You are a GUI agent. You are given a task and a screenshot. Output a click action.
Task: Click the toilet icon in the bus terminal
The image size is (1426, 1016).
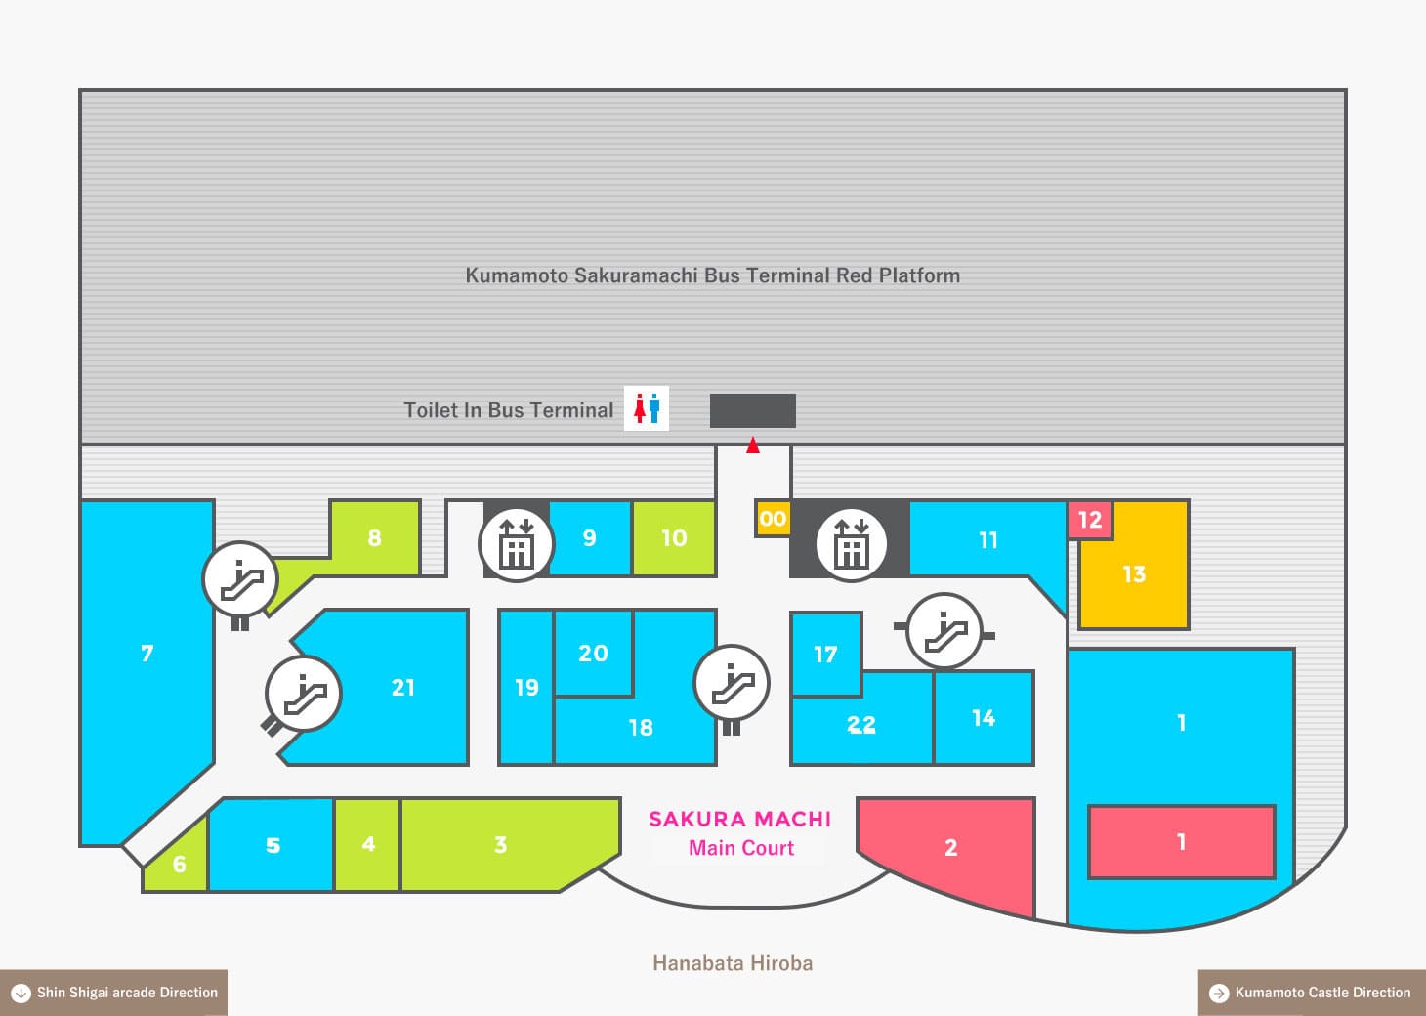click(647, 408)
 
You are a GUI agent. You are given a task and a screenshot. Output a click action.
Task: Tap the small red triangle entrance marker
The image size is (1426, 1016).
click(752, 445)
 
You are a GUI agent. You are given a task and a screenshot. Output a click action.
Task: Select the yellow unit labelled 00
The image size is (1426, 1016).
click(772, 519)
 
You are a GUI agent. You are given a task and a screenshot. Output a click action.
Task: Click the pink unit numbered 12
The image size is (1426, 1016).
click(1090, 520)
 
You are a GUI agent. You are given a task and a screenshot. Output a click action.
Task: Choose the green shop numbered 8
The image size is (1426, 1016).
click(375, 537)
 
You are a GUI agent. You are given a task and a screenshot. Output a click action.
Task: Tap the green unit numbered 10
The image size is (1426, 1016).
click(674, 538)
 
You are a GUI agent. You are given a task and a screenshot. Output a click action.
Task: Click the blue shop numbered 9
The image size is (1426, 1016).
click(590, 538)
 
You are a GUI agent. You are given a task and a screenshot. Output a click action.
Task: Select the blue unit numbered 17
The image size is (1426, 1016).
click(825, 654)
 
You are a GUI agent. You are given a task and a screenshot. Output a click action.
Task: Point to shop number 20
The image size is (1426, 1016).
click(593, 653)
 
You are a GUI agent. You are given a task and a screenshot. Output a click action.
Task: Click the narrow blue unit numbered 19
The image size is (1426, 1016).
click(526, 688)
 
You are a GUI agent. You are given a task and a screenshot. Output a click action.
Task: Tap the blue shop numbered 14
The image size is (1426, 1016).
click(984, 718)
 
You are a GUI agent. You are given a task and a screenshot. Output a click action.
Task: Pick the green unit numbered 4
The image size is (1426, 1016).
click(368, 844)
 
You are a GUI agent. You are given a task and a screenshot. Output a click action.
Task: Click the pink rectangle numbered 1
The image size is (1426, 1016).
click(1181, 842)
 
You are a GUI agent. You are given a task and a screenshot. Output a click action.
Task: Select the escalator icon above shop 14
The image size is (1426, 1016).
click(944, 631)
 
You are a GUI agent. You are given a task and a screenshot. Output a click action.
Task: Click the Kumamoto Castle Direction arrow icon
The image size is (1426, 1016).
click(1219, 993)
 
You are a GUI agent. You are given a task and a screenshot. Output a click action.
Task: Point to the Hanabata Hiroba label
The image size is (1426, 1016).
click(733, 964)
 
